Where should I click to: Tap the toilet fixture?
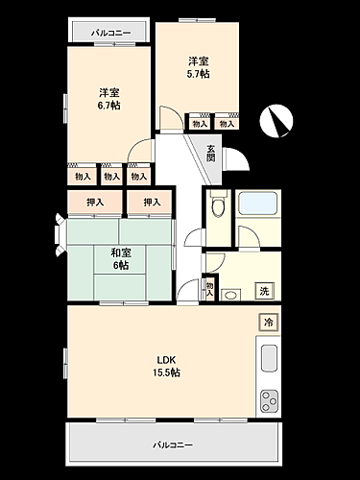click(x=216, y=204)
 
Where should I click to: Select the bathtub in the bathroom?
click(x=256, y=204)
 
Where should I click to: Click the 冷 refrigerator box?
click(x=269, y=323)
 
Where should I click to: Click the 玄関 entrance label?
click(x=212, y=152)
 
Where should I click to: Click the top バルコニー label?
click(x=108, y=32)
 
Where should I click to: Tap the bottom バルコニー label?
click(x=174, y=446)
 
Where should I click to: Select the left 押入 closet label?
click(x=95, y=203)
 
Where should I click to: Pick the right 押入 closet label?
click(x=151, y=203)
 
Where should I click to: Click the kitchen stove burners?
click(x=268, y=398)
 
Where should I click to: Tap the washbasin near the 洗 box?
click(x=231, y=293)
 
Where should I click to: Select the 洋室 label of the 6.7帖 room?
click(x=108, y=93)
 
